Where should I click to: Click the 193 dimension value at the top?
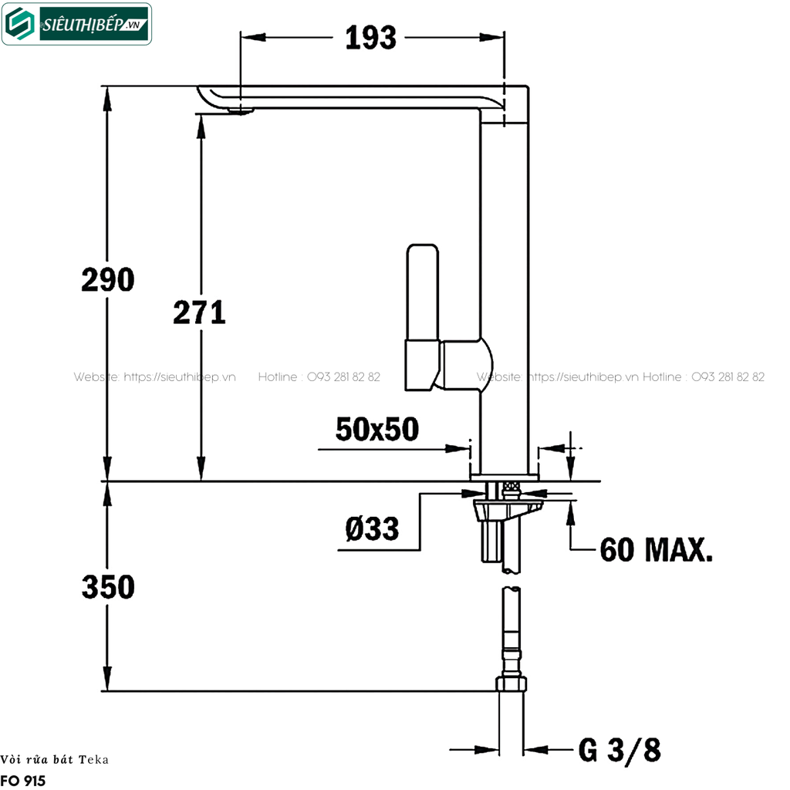(370, 37)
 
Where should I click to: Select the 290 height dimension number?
(108, 280)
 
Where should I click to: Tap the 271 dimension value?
(199, 312)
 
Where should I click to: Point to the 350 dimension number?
(108, 587)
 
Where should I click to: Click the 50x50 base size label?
(377, 429)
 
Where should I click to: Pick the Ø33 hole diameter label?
(373, 529)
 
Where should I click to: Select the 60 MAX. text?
(657, 550)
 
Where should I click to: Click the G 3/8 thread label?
(620, 749)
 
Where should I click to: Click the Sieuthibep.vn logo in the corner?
(76, 24)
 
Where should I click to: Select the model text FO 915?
(23, 781)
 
